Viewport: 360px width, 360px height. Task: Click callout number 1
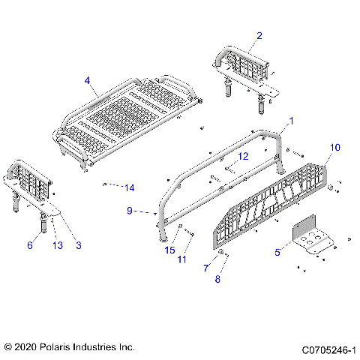pyautogui.click(x=292, y=121)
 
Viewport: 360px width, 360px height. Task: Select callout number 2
pyautogui.click(x=259, y=35)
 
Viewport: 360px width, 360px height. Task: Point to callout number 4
pyautogui.click(x=88, y=80)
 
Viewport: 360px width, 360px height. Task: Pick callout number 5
pyautogui.click(x=278, y=253)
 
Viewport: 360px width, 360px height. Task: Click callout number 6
pyautogui.click(x=30, y=244)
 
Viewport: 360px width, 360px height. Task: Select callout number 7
pyautogui.click(x=205, y=268)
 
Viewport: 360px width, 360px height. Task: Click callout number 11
pyautogui.click(x=181, y=259)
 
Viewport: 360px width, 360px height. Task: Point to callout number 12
pyautogui.click(x=242, y=157)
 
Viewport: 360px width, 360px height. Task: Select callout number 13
pyautogui.click(x=55, y=244)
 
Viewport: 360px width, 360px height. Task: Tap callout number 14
pyautogui.click(x=129, y=187)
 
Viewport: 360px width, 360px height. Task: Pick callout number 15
pyautogui.click(x=170, y=249)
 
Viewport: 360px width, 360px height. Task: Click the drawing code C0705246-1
pyautogui.click(x=328, y=349)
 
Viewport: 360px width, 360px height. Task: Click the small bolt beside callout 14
pyautogui.click(x=107, y=183)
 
